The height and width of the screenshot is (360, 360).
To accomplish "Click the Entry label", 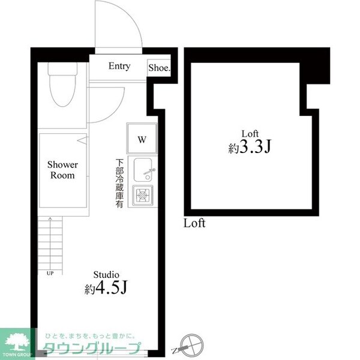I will [x=119, y=67].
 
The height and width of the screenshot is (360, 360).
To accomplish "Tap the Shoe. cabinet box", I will [x=159, y=68].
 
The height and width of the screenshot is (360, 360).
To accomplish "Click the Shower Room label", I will [x=62, y=170].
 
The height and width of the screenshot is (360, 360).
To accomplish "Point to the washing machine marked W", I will [x=141, y=140].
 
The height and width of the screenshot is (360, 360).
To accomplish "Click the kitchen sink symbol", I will [x=143, y=170].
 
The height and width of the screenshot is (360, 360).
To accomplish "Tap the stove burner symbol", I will [x=143, y=194].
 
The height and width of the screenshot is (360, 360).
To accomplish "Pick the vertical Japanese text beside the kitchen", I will [x=120, y=183].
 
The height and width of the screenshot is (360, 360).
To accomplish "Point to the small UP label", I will [x=49, y=273].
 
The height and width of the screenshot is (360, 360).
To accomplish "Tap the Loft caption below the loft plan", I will [x=194, y=224].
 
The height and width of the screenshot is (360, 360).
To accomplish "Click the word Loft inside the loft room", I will [x=250, y=133].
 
